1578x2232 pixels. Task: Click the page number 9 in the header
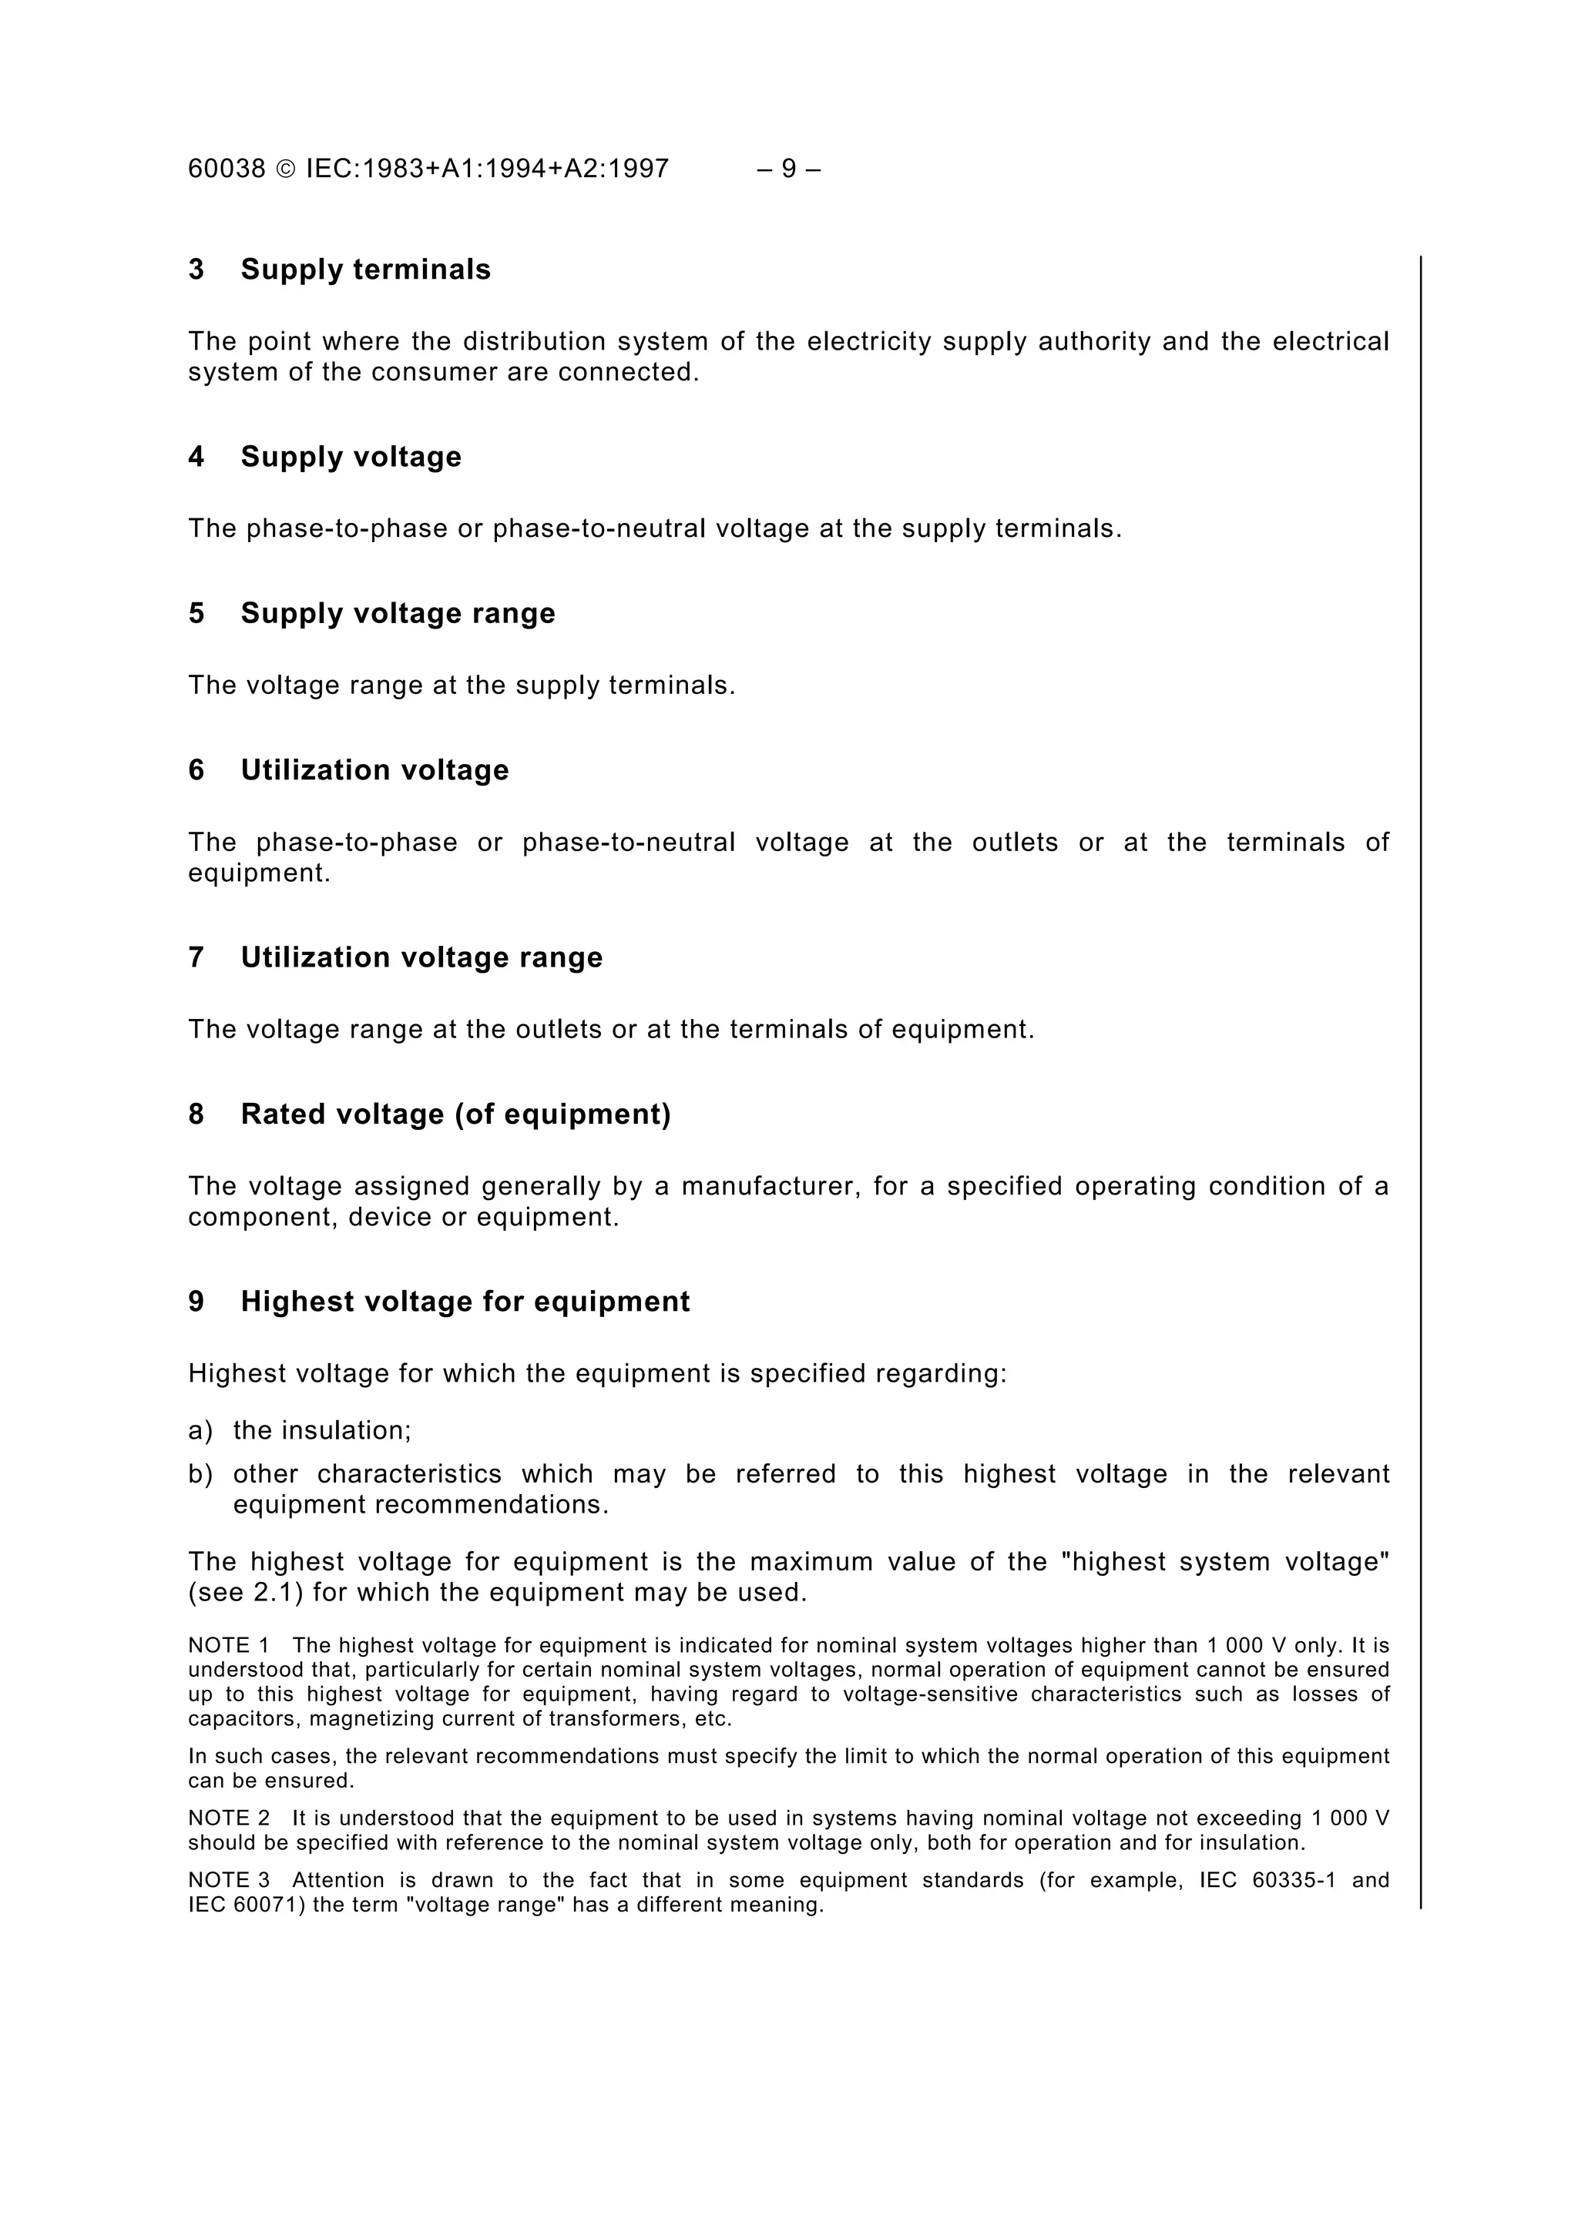click(788, 169)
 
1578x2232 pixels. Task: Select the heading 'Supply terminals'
click(365, 270)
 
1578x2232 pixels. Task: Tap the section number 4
click(196, 457)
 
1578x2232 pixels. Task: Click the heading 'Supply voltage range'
click(398, 613)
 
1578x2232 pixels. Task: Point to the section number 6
click(196, 770)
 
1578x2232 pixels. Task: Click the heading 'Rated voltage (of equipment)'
click(455, 1114)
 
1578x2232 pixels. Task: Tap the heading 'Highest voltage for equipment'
click(465, 1302)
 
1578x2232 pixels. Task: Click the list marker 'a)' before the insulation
click(200, 1430)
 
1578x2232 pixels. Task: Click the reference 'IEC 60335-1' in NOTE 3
click(1267, 1880)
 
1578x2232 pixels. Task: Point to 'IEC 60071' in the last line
click(247, 1905)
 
